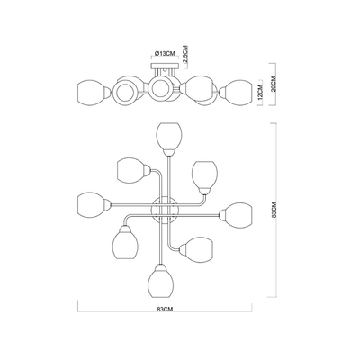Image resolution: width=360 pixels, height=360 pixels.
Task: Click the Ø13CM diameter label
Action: (x=166, y=53)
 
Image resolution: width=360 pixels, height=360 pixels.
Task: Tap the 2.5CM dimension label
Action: (x=185, y=54)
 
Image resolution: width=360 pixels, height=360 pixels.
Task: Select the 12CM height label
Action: (x=260, y=92)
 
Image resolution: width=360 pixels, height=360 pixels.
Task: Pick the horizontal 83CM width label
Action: (x=166, y=309)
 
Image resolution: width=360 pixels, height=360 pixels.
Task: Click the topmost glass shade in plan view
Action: (x=169, y=137)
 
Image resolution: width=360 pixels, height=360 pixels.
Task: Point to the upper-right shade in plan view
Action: (x=204, y=175)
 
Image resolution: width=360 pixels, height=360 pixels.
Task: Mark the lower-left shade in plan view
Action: (x=126, y=245)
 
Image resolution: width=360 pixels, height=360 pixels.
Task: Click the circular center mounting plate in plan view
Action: (x=165, y=211)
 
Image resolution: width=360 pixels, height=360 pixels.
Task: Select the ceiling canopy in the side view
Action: (x=166, y=66)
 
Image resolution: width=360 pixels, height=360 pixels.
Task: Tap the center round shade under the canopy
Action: (x=160, y=87)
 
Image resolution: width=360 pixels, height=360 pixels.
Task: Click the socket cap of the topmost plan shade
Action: (x=169, y=153)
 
